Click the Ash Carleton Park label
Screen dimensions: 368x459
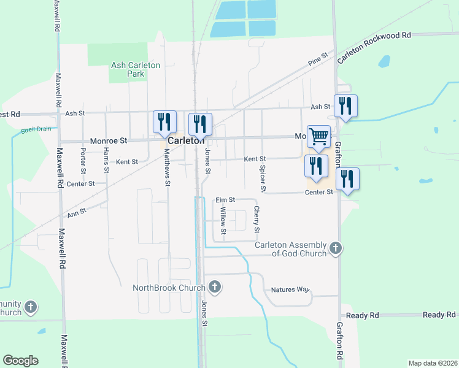click(x=136, y=69)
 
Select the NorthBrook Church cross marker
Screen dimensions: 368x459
click(x=215, y=286)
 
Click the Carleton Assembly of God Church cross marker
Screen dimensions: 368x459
click(x=335, y=248)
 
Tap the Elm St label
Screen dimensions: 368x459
click(x=225, y=200)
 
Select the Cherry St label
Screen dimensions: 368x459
click(x=256, y=220)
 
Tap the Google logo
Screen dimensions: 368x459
click(x=20, y=361)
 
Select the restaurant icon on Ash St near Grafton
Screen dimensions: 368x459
click(x=345, y=106)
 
